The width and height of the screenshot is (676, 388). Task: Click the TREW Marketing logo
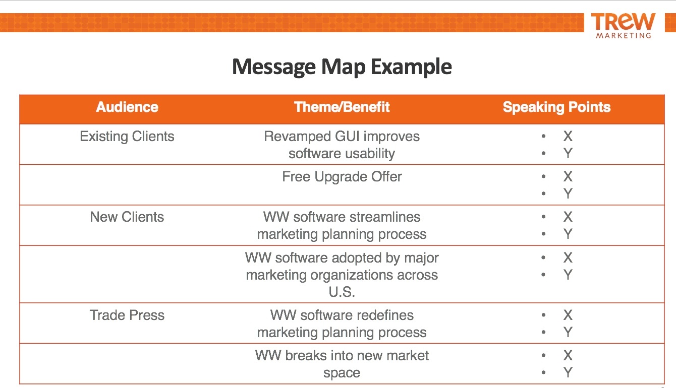(x=623, y=25)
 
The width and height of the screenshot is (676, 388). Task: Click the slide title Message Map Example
(x=342, y=67)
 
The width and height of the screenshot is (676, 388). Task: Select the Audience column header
(x=127, y=107)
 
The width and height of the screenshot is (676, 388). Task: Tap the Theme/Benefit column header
(x=342, y=107)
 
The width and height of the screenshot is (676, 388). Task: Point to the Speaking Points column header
(x=556, y=107)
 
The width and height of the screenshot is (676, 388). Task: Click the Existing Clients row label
(x=127, y=137)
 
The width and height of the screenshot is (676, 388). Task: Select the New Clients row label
(x=127, y=217)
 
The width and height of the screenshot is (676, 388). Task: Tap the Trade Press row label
(x=127, y=315)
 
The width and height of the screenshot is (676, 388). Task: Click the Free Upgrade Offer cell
(x=342, y=177)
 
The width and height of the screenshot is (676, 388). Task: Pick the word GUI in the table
(x=347, y=137)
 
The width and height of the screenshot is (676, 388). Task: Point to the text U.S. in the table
(x=342, y=292)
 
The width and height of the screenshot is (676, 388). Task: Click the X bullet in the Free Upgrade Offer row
(x=568, y=177)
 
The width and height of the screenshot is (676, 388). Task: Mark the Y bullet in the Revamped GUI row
(x=568, y=154)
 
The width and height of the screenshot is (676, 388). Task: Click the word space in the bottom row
(x=342, y=373)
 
